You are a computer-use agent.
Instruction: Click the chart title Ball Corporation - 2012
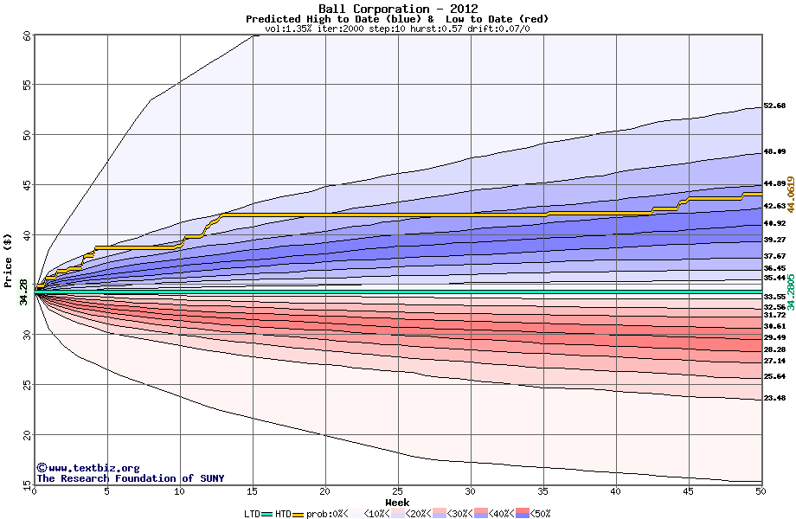[398, 9]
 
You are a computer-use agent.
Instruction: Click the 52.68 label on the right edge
[774, 106]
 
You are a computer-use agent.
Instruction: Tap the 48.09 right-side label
[774, 151]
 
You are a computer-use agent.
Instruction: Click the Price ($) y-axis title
[8, 259]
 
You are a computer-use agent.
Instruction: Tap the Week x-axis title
[397, 502]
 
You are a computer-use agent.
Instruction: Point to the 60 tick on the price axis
[27, 36]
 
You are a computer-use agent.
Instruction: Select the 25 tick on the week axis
[397, 491]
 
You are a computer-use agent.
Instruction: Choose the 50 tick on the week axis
[760, 491]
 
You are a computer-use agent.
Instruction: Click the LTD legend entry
[254, 514]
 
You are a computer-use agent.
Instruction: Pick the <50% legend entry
[536, 514]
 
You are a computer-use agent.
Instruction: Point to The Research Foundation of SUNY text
[129, 478]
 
